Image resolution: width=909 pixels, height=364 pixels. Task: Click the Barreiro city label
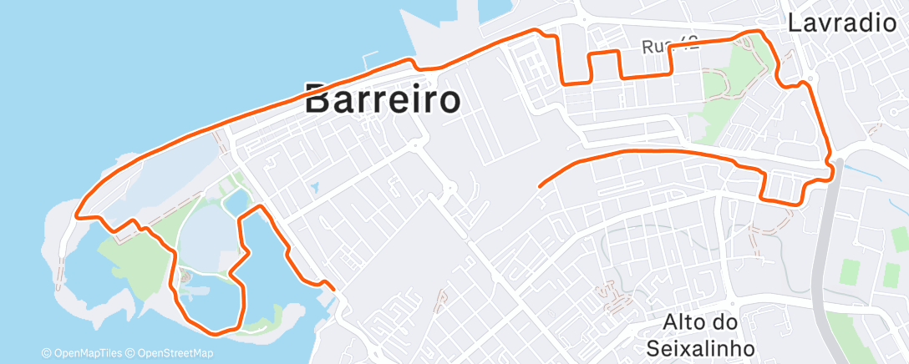point(383,99)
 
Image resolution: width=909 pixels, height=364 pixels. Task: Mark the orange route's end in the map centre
point(541,184)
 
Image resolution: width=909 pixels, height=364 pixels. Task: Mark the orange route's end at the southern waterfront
point(333,289)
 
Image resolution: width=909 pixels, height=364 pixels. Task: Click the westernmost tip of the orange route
point(77,215)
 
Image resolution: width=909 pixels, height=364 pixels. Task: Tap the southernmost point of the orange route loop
point(216,334)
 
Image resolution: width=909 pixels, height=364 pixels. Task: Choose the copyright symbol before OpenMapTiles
point(46,353)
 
